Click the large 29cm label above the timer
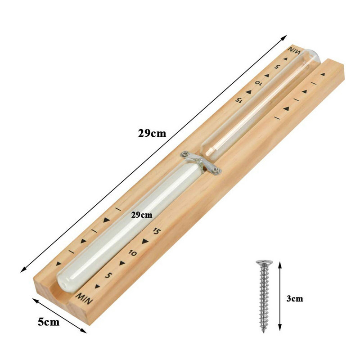[x=152, y=133]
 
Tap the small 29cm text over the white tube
[x=142, y=215]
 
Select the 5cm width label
[x=49, y=322]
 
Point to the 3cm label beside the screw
[x=295, y=298]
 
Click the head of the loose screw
[x=265, y=262]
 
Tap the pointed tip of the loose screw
[x=264, y=332]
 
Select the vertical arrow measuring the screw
[x=279, y=296]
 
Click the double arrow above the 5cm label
[x=59, y=315]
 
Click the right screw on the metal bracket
[x=216, y=170]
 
